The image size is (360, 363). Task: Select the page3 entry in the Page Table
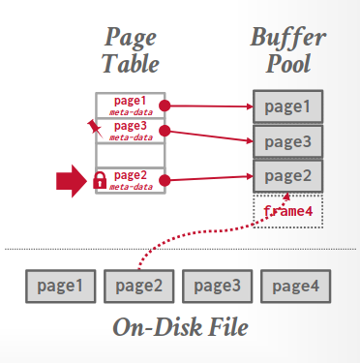click(131, 130)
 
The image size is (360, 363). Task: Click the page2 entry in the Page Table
click(131, 179)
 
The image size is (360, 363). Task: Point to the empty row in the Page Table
click(131, 155)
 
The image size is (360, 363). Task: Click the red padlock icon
click(100, 180)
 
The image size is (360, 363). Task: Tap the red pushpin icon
click(93, 127)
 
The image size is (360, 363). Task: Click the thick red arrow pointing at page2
click(72, 180)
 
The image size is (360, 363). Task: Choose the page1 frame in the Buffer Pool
click(286, 106)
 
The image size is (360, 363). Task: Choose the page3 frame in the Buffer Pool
click(286, 141)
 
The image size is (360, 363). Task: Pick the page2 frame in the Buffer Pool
click(286, 175)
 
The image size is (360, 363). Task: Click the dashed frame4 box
click(286, 209)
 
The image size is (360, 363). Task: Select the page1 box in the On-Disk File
click(60, 286)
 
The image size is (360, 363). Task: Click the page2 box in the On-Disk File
click(138, 286)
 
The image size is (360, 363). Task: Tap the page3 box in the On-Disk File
click(217, 286)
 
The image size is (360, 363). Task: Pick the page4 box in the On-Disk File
click(296, 286)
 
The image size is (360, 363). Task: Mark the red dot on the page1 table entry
click(165, 105)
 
